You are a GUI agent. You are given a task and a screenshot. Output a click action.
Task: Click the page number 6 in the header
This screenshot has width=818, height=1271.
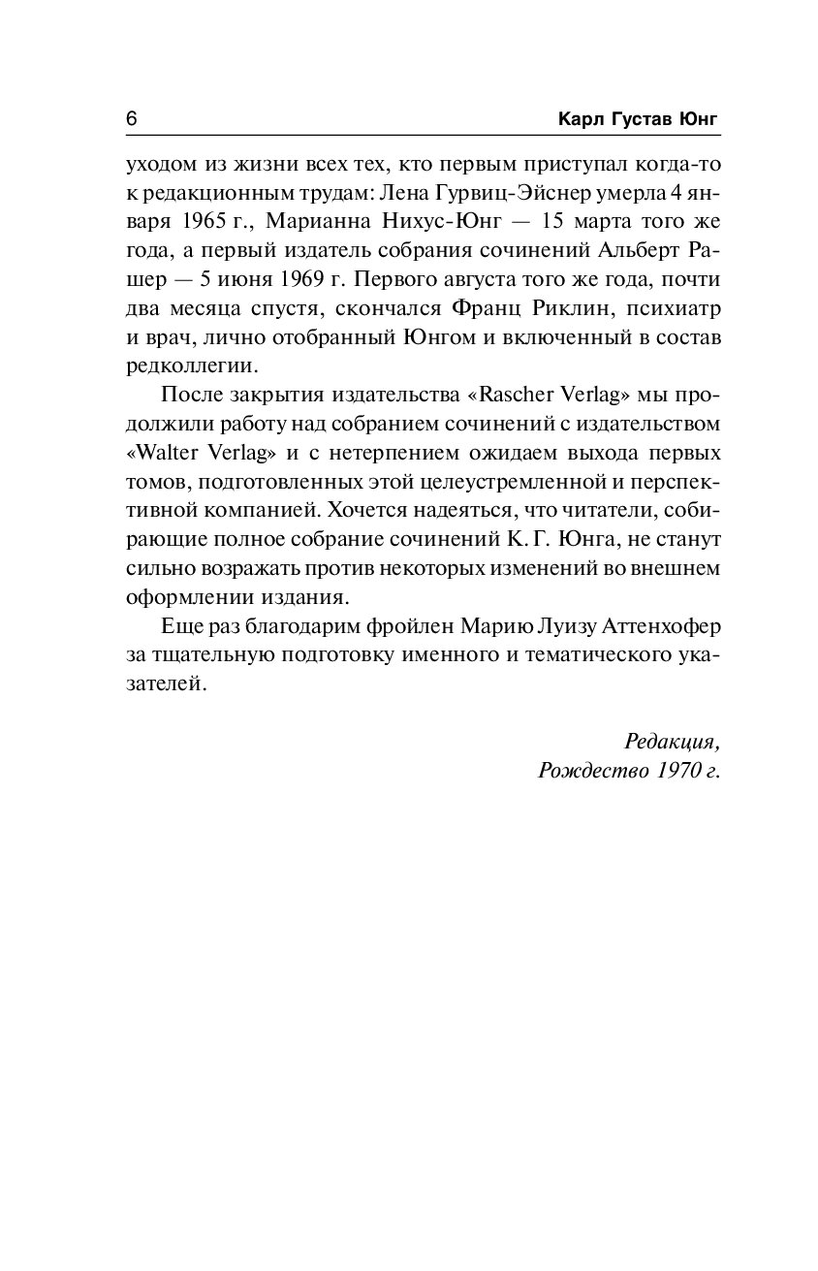point(131,118)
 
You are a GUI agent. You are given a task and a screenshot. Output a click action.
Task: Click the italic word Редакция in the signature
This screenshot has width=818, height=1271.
point(673,742)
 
